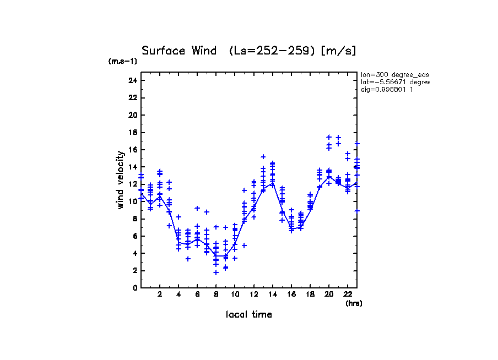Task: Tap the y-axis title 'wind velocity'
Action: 120,180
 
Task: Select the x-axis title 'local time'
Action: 248,314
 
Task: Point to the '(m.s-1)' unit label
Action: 122,62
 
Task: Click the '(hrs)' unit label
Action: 354,303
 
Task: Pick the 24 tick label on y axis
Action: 132,81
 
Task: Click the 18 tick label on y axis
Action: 132,133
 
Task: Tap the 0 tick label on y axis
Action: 134,288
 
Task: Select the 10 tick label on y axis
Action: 132,201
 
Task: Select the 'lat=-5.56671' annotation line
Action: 394,82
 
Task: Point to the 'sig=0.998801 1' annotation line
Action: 387,89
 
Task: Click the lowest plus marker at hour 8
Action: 216,272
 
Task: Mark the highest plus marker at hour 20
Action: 329,137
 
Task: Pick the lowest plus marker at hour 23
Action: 357,211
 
